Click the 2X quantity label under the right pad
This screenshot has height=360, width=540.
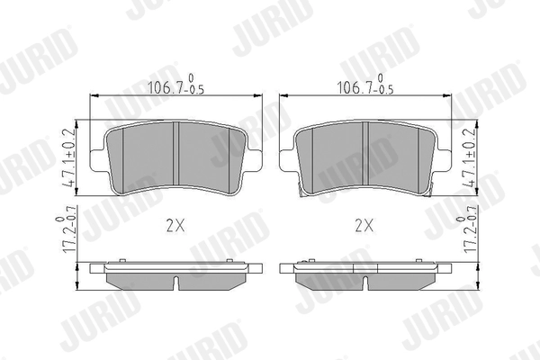coord(364,226)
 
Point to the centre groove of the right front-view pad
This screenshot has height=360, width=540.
coord(364,158)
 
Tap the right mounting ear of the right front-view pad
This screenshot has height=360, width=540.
coord(443,162)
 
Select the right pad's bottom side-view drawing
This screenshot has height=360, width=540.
coord(364,274)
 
